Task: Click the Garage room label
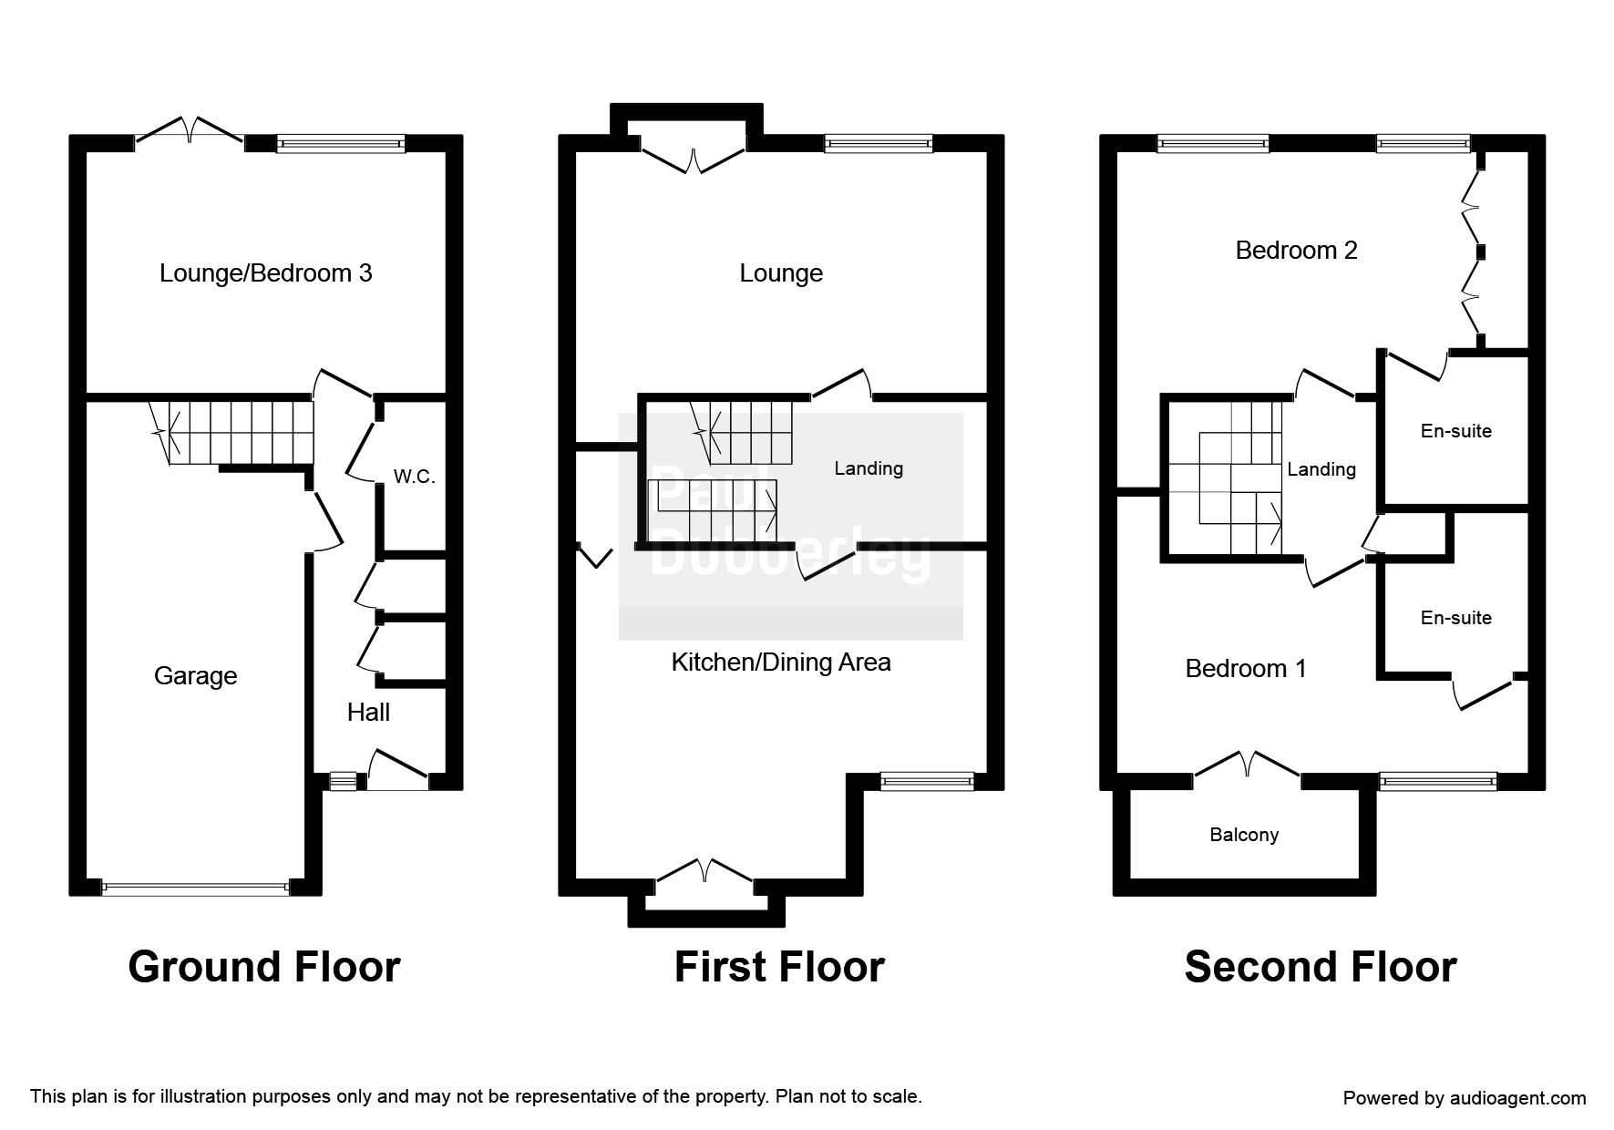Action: [195, 676]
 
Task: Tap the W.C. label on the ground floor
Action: [414, 477]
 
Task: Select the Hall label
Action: [368, 713]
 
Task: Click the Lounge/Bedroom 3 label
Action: [265, 273]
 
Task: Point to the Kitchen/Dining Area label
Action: [781, 663]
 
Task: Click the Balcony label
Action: [1244, 835]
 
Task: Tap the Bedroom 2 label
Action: [1296, 251]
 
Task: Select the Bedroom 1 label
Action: [1245, 669]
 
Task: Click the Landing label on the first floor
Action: [869, 468]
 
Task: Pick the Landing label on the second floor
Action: [1321, 469]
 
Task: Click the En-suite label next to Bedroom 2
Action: [1455, 431]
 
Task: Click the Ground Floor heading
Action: [264, 967]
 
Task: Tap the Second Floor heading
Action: [1320, 967]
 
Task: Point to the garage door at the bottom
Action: [195, 888]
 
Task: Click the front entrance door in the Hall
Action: [397, 770]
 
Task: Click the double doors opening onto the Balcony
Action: [1246, 767]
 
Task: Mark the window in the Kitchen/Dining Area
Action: [927, 781]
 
